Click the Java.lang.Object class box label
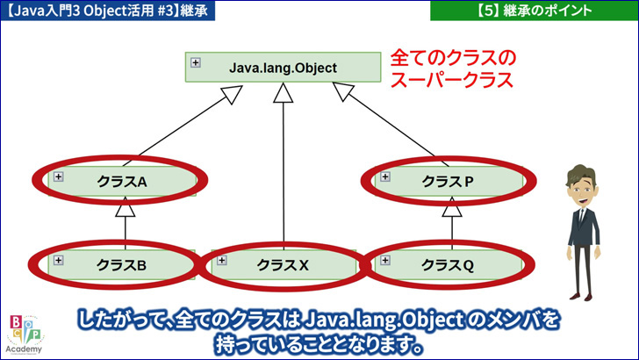tap(283, 68)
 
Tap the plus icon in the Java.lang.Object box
tap(196, 62)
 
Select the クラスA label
tap(122, 182)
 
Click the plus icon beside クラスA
tap(59, 176)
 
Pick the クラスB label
tap(121, 265)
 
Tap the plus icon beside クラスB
tap(59, 260)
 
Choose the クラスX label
tap(283, 265)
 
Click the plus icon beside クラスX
tap(222, 260)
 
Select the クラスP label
tap(448, 182)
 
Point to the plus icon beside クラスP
tap(385, 176)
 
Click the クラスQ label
tap(447, 265)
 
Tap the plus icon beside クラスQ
tap(385, 260)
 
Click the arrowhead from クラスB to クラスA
tap(126, 207)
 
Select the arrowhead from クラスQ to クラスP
tap(452, 207)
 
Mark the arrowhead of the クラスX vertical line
tap(284, 93)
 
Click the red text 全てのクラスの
tap(453, 58)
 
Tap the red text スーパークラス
tap(451, 80)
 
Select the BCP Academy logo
tap(25, 334)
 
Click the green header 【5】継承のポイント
tap(535, 11)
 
